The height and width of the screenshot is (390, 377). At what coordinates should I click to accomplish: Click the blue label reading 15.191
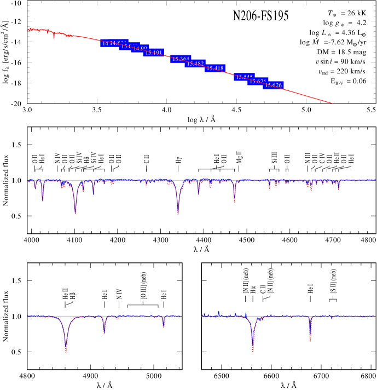pyautogui.click(x=154, y=53)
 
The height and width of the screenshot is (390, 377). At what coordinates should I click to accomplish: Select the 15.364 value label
pyautogui.click(x=180, y=59)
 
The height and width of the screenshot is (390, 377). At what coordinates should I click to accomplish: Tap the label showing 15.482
pyautogui.click(x=195, y=64)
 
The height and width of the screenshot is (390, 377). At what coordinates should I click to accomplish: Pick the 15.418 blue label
pyautogui.click(x=215, y=68)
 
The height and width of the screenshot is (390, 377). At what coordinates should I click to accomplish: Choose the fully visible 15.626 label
pyautogui.click(x=273, y=85)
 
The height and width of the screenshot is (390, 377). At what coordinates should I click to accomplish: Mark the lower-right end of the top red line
pyautogui.click(x=332, y=103)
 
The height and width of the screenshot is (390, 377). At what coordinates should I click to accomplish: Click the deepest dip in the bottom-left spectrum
pyautogui.click(x=66, y=352)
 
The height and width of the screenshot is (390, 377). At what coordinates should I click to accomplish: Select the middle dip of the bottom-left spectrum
pyautogui.click(x=104, y=332)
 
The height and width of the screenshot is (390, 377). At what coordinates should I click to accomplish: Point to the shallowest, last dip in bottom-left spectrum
pyautogui.click(x=164, y=328)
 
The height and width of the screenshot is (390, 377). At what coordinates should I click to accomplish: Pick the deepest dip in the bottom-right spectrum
pyautogui.click(x=253, y=351)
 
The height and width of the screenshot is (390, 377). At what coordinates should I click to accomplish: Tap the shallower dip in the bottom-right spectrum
pyautogui.click(x=310, y=340)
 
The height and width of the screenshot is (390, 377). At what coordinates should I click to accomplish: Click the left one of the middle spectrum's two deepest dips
pyautogui.click(x=75, y=213)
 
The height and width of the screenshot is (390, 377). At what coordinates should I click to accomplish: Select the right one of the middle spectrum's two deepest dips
pyautogui.click(x=178, y=214)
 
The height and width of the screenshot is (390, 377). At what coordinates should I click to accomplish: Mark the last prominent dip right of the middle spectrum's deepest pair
pyautogui.click(x=234, y=202)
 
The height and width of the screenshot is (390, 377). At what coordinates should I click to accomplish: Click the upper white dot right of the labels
pyautogui.click(x=316, y=67)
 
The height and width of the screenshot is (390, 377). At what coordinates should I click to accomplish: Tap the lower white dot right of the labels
pyautogui.click(x=318, y=77)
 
